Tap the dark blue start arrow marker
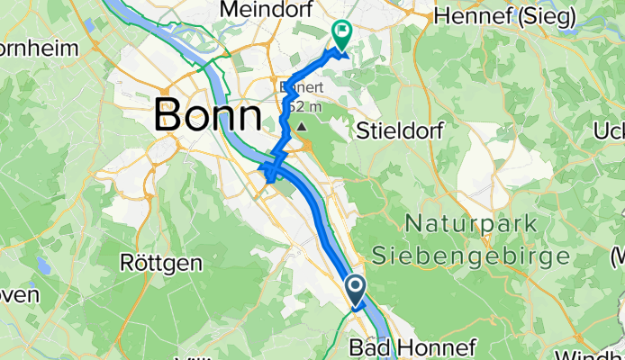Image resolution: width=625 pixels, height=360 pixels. (x=355, y=290)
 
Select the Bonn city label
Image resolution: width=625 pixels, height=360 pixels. (x=208, y=114)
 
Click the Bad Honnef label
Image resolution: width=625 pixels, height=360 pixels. (x=393, y=346)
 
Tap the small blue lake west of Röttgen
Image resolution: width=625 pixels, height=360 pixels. (x=44, y=265)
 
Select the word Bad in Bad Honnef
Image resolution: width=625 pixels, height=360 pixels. (x=363, y=346)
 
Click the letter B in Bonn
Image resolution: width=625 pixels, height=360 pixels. (x=168, y=114)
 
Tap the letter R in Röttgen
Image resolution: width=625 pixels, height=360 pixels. (x=127, y=263)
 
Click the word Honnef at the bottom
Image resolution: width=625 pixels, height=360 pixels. (x=408, y=346)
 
